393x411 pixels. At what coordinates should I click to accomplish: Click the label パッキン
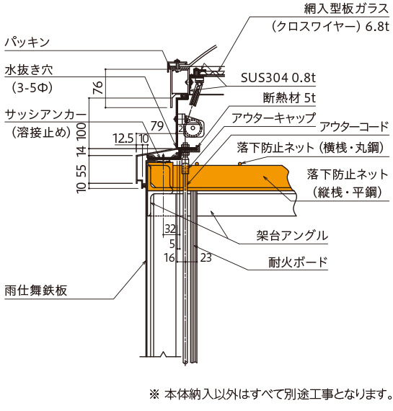(x=27, y=43)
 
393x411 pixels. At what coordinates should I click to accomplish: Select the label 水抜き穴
(x=29, y=70)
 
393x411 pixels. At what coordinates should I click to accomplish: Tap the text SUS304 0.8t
(x=278, y=78)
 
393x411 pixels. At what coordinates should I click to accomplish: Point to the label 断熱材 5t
(x=289, y=98)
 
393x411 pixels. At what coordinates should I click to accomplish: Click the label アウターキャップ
(x=273, y=118)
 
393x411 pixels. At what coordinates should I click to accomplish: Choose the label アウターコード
(x=354, y=127)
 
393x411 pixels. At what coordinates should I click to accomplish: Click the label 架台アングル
(x=292, y=235)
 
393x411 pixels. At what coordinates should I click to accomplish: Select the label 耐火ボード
(x=298, y=262)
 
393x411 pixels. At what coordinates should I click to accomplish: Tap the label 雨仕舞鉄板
(x=36, y=291)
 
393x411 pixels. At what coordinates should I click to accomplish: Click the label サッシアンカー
(x=45, y=115)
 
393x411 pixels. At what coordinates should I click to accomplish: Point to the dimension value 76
(x=98, y=87)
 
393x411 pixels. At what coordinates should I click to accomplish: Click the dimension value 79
(x=157, y=126)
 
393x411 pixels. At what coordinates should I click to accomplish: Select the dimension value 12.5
(x=123, y=138)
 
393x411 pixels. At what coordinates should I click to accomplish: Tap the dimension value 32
(x=170, y=229)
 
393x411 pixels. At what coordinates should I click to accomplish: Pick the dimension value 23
(x=206, y=257)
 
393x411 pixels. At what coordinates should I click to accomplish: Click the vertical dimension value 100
(x=81, y=131)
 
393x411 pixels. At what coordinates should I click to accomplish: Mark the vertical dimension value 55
(x=81, y=170)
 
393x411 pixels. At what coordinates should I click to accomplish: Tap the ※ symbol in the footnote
(x=154, y=394)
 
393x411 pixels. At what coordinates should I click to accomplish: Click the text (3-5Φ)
(x=32, y=87)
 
